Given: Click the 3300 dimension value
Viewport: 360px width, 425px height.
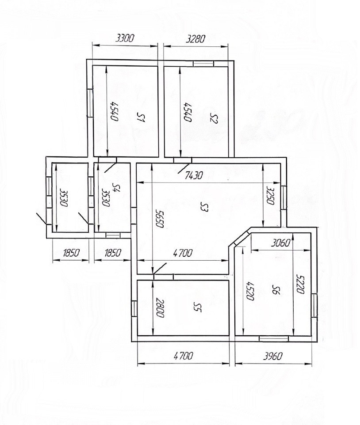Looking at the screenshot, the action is click(125, 38).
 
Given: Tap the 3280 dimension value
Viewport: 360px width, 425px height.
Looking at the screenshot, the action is click(196, 39).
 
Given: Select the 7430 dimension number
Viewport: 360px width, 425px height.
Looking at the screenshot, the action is click(193, 176).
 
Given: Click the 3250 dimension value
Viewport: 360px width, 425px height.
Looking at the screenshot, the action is click(270, 195).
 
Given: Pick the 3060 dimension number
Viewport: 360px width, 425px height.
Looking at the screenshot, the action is click(281, 243).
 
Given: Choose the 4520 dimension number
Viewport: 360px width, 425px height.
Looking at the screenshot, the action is click(249, 291).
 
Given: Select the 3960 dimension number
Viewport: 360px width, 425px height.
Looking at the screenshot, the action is click(273, 356).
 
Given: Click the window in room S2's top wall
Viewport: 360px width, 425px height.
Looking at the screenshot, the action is click(203, 64).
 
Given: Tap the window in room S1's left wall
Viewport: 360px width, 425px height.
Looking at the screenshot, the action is click(90, 103).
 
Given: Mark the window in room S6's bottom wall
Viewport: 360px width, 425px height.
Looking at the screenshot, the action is click(274, 338).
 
